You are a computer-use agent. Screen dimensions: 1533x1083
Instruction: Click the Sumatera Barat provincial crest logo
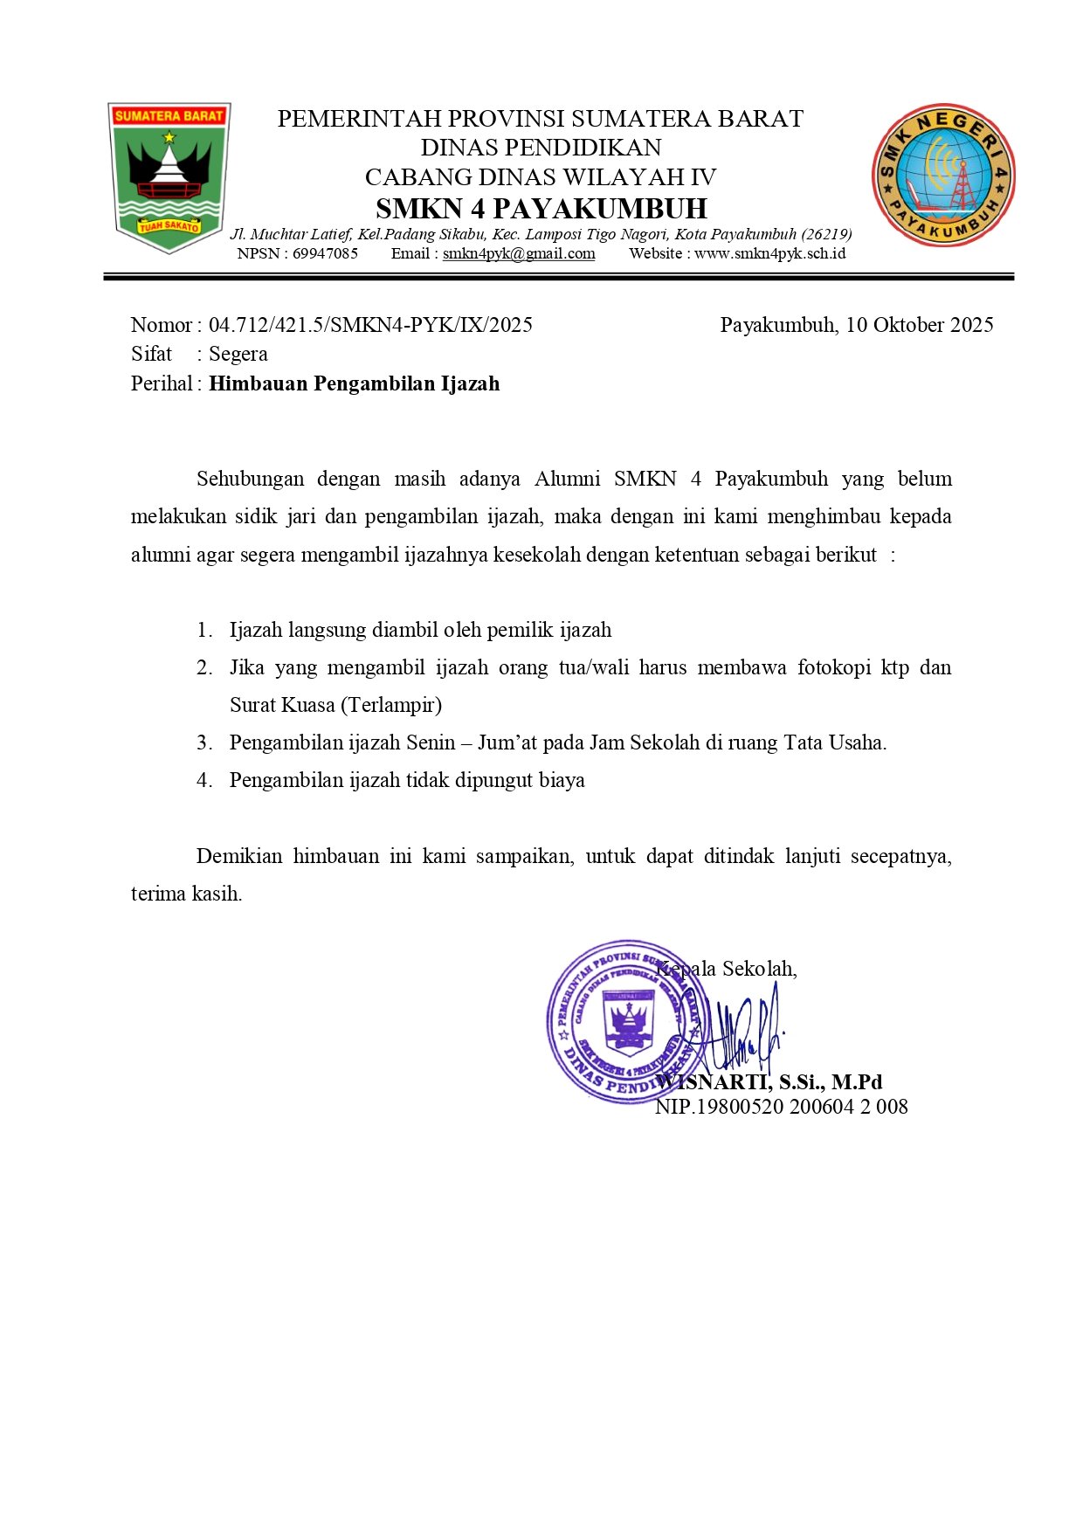[x=169, y=177]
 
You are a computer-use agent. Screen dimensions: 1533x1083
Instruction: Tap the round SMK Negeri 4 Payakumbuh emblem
[x=943, y=175]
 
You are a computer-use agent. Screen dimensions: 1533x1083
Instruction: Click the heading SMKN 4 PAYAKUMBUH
[x=541, y=209]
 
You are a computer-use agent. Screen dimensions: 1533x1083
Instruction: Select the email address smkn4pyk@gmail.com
[x=519, y=254]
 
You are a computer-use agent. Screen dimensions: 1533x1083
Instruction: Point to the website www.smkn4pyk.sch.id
[x=769, y=254]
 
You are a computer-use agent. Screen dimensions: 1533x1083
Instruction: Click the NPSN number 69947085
[x=325, y=254]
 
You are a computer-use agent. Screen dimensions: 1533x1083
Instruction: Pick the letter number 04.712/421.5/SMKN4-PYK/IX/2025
[x=370, y=325]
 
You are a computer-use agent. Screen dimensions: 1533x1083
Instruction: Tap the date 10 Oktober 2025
[x=919, y=325]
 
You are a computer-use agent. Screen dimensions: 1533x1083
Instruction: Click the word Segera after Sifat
[x=238, y=354]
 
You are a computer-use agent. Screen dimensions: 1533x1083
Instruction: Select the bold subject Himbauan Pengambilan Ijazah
[x=354, y=383]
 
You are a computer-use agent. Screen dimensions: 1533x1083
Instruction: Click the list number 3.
[x=203, y=743]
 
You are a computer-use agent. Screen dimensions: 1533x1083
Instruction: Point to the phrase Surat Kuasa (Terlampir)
[x=335, y=705]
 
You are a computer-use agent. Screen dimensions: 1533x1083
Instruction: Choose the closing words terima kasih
[x=186, y=894]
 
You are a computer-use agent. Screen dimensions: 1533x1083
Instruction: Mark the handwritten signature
[x=742, y=1031]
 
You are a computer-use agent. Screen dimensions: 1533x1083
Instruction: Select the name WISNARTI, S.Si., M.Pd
[x=769, y=1082]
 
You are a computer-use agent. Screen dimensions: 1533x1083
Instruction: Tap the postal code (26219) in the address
[x=826, y=234]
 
